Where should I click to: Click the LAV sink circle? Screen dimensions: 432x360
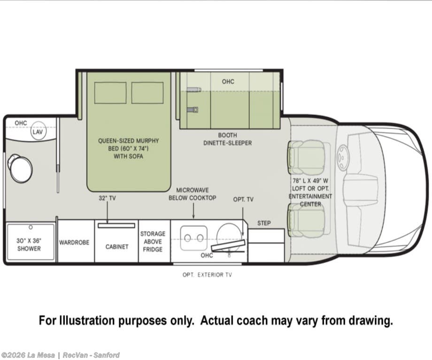[38, 131]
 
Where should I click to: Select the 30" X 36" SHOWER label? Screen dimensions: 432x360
[29, 245]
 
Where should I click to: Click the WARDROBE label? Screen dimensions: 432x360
[74, 242]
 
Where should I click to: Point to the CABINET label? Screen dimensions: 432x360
[117, 246]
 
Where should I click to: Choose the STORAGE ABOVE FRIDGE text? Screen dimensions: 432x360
[153, 242]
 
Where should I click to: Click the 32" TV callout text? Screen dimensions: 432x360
[107, 198]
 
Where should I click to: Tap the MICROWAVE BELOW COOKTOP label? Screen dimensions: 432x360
[193, 194]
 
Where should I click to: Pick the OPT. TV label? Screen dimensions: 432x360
[243, 199]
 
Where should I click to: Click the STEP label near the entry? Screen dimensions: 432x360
[264, 223]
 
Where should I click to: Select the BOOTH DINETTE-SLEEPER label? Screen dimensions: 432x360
[228, 139]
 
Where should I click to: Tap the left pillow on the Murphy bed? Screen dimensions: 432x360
[110, 93]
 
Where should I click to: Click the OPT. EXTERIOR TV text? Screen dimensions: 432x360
[207, 275]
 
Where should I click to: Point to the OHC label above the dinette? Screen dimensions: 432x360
[228, 82]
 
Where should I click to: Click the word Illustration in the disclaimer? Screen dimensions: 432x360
[88, 320]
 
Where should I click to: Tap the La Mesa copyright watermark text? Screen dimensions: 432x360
[60, 355]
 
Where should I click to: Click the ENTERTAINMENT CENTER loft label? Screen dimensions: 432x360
[310, 200]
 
